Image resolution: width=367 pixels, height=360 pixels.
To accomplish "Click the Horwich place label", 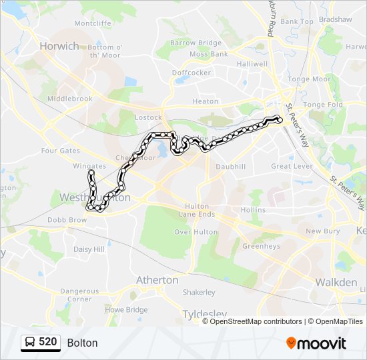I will coord(59,46).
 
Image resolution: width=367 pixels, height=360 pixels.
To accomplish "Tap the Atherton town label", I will coord(157,280).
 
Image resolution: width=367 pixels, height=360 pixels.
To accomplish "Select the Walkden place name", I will coord(336,282).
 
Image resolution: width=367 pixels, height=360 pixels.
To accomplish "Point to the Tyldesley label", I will coord(204,313).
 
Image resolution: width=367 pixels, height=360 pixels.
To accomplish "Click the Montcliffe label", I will coord(93,23).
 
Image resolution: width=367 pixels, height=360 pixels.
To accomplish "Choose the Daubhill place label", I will coord(231,166).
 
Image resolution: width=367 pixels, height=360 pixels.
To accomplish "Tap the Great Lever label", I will coord(292,166).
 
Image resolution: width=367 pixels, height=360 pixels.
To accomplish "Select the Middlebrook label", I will coord(70,99).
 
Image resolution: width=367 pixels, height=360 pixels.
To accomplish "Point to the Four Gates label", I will coord(60,151).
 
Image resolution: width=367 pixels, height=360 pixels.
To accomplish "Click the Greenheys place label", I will coord(260,245).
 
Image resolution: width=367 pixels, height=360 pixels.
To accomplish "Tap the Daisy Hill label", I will coord(89,249).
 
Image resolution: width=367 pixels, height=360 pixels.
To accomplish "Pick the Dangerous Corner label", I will coord(79,295).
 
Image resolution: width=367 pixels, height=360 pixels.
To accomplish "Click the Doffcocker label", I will coord(192,72).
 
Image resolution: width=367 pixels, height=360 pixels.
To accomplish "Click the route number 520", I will coord(47,342).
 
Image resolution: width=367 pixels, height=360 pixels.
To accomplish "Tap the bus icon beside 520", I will coord(30,343).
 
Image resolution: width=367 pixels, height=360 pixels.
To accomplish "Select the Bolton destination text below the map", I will coord(82,343).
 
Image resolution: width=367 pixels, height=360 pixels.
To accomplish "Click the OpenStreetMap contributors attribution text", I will coord(256,321).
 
